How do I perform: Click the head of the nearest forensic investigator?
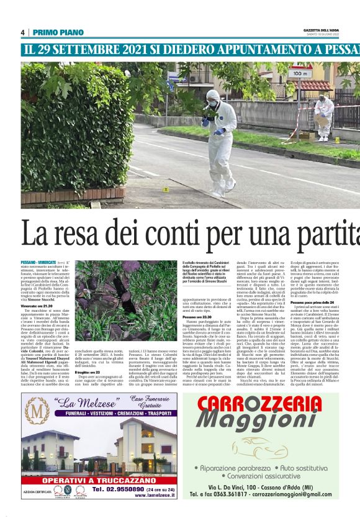coord(213,96)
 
